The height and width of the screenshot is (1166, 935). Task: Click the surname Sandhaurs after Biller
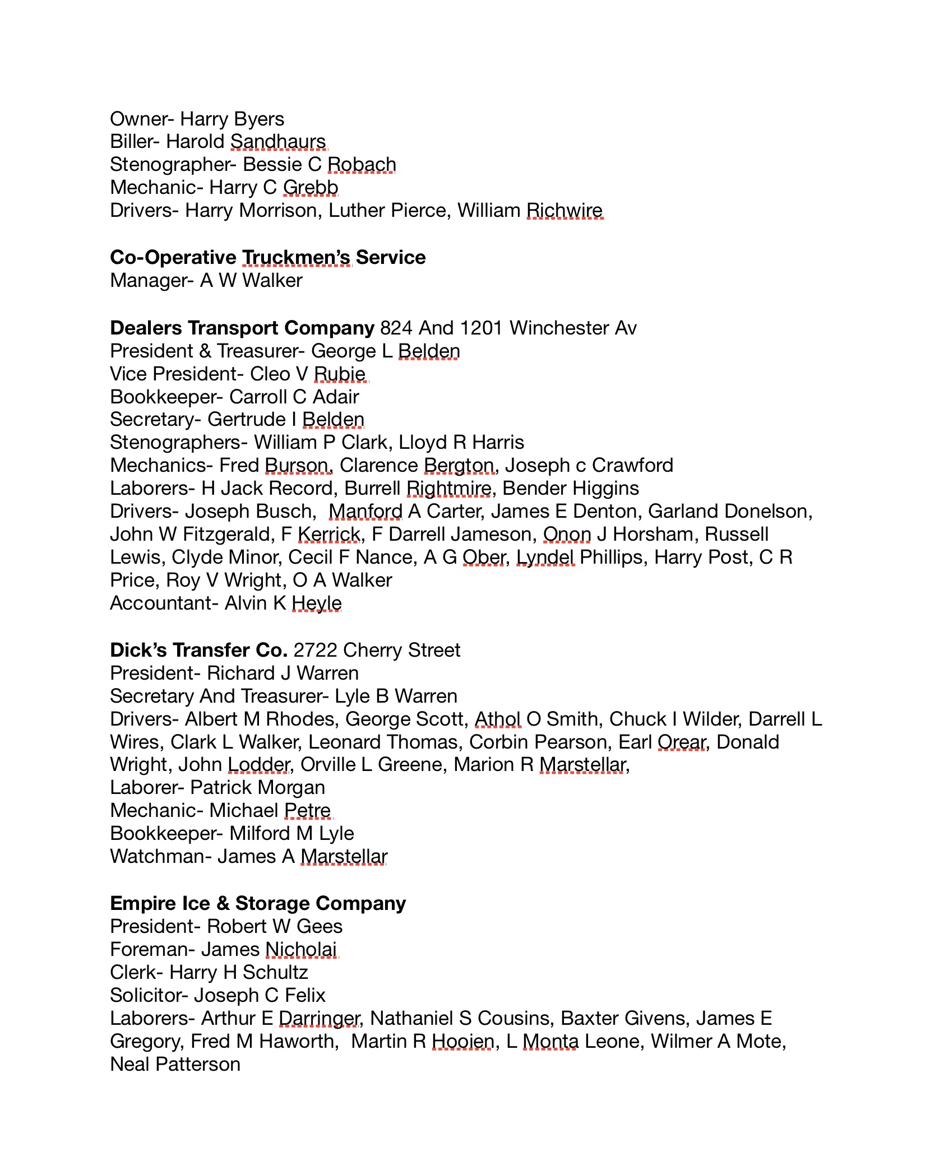278,142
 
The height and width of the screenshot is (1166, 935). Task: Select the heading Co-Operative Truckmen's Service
267,257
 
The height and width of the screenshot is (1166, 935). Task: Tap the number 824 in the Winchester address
396,328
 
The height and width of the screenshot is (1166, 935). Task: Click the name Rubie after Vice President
340,374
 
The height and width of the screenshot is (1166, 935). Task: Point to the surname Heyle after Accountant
317,603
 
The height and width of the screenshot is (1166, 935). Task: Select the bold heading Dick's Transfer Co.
198,650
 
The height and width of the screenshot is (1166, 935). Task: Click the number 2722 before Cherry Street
316,650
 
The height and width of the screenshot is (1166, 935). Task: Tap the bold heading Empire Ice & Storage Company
258,903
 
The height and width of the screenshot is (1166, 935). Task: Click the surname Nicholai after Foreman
301,949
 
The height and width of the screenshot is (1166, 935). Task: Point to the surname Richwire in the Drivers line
564,211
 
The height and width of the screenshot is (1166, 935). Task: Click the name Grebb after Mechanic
311,188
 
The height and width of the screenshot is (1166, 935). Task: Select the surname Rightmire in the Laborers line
449,489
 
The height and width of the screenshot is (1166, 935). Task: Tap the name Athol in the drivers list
498,719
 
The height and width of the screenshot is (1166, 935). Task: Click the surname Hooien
463,1041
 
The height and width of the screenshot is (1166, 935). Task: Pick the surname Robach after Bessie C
362,165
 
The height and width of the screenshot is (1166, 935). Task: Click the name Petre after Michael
308,810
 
